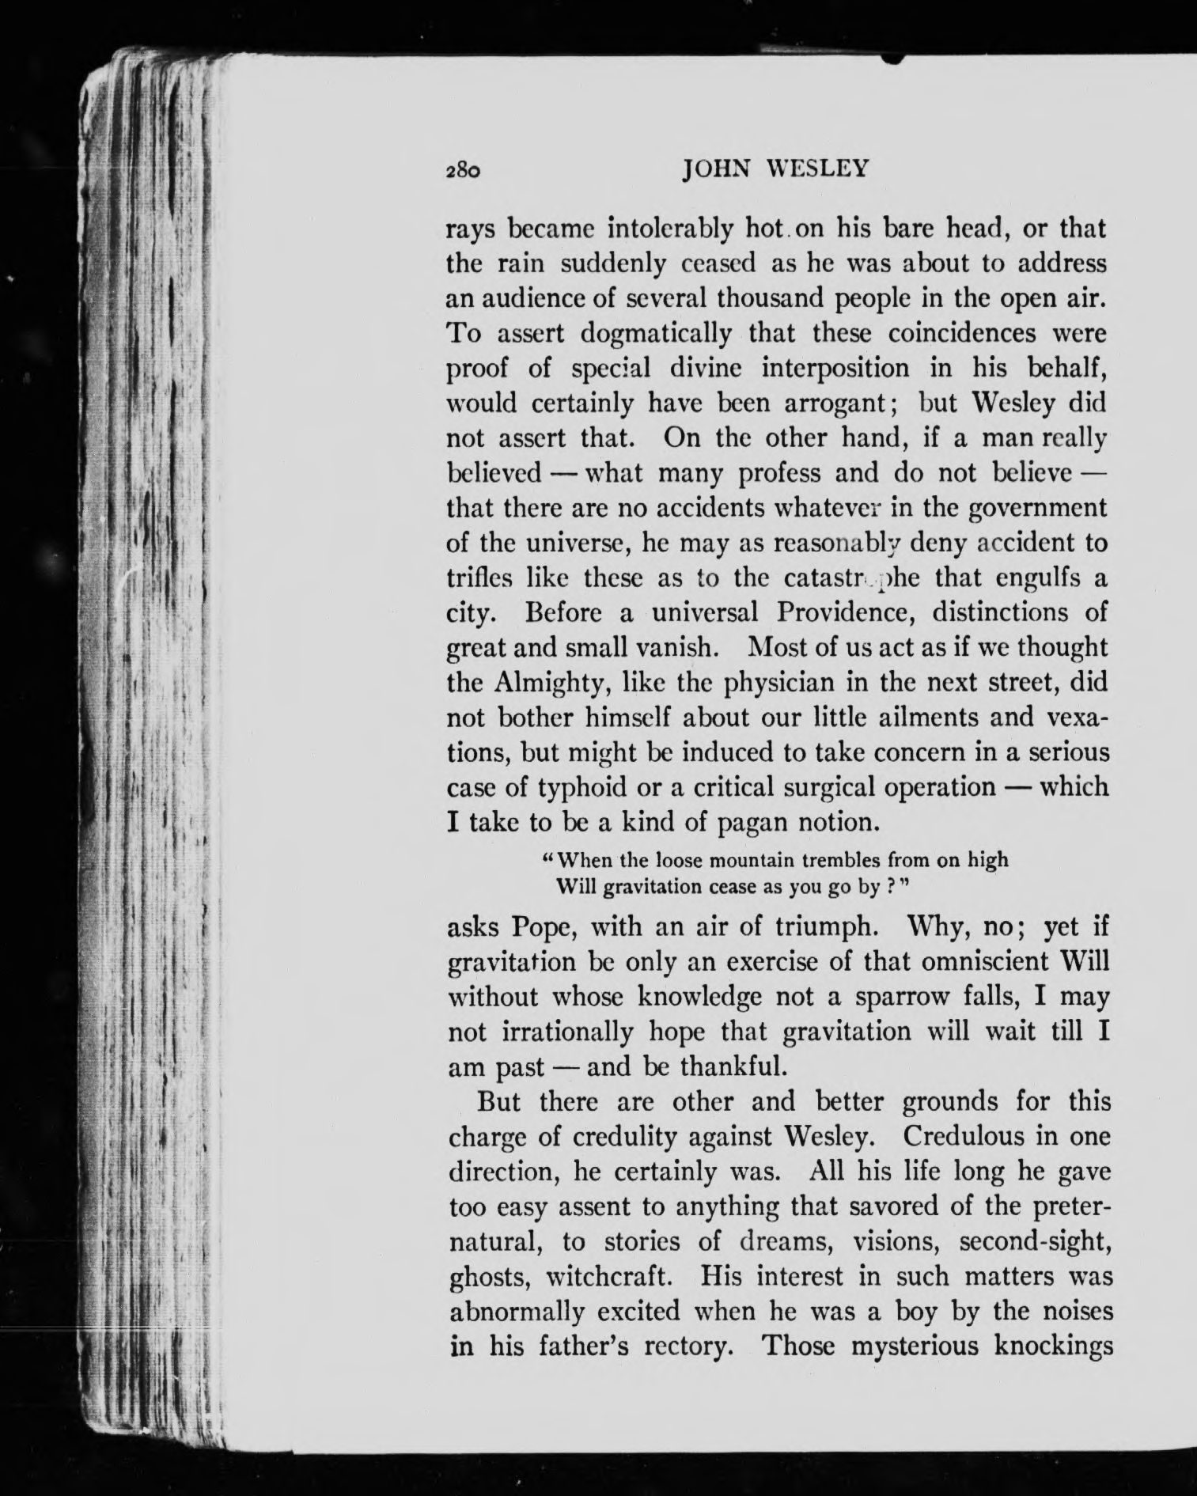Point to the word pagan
(x=754, y=823)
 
